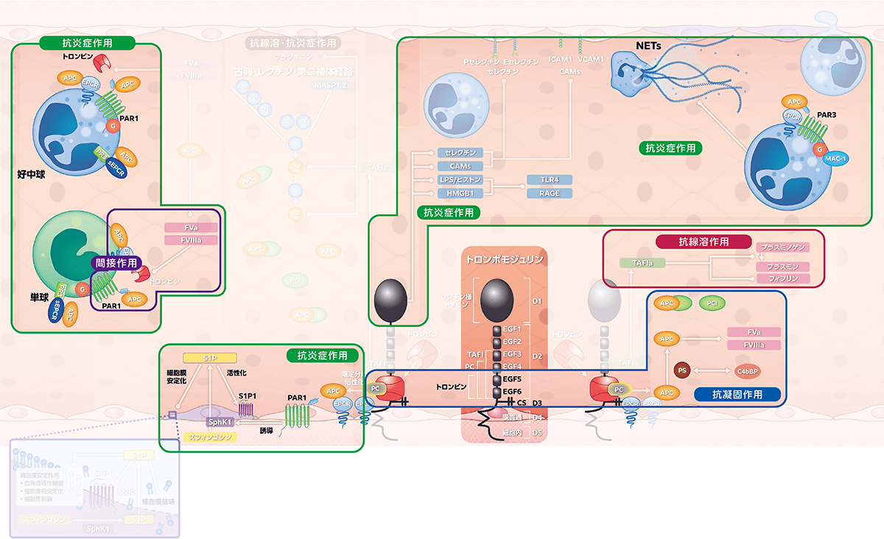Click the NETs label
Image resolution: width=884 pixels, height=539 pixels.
click(648, 46)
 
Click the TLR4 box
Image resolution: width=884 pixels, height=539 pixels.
click(550, 180)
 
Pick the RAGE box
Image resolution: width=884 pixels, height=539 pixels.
click(550, 194)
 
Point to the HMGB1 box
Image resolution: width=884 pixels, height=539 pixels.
click(460, 194)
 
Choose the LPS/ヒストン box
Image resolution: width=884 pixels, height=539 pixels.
click(460, 180)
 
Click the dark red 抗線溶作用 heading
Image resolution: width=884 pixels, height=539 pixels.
click(704, 242)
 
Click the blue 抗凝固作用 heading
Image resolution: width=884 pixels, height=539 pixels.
click(737, 395)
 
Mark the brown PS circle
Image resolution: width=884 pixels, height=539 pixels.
click(682, 370)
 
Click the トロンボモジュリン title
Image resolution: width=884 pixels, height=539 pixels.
click(505, 259)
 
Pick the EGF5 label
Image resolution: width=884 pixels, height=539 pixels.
click(511, 379)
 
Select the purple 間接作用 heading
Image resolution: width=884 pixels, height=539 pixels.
click(116, 261)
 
